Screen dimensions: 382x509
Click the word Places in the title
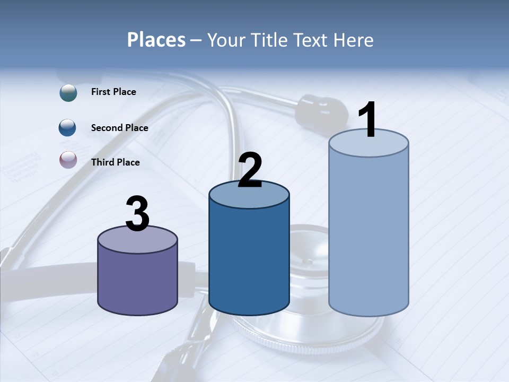click(156, 40)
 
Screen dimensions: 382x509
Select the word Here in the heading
click(354, 40)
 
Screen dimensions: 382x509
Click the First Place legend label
click(113, 92)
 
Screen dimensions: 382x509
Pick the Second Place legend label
click(119, 128)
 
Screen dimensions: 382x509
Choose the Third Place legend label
click(115, 162)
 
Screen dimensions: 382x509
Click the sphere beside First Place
click(68, 92)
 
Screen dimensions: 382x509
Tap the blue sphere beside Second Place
click(68, 128)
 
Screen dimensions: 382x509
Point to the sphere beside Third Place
click(68, 160)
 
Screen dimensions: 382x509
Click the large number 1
click(367, 120)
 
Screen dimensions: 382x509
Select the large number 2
click(250, 170)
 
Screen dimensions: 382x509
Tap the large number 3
click(138, 214)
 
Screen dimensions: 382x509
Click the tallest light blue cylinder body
click(368, 233)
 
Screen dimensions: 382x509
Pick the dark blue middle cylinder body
click(249, 260)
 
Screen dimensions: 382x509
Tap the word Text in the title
click(315, 40)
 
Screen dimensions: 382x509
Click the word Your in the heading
click(225, 40)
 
